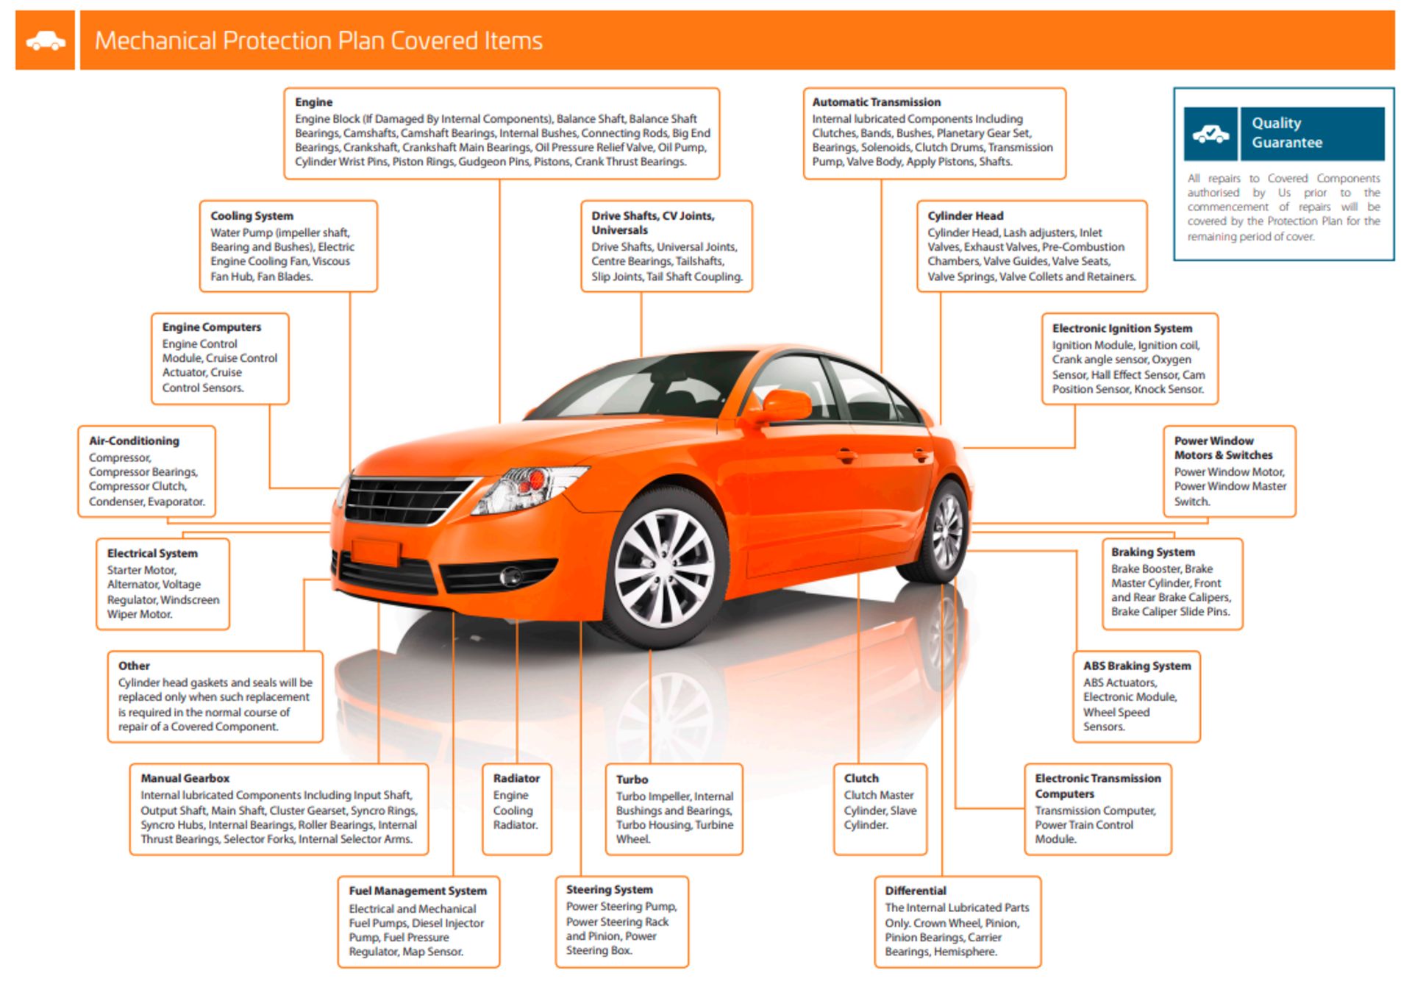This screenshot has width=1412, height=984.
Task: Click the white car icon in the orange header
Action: point(46,41)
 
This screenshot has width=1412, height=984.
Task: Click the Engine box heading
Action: point(314,102)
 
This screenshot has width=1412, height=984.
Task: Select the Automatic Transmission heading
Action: point(876,102)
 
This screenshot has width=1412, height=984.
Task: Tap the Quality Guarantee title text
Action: point(1287,133)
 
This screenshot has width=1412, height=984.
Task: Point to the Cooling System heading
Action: point(252,215)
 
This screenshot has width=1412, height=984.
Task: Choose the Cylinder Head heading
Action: point(965,215)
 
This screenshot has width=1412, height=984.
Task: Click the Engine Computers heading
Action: point(212,327)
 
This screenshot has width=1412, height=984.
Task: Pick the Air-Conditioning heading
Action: point(134,441)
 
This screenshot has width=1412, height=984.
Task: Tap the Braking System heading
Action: point(1152,552)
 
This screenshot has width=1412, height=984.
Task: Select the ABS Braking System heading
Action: point(1137,666)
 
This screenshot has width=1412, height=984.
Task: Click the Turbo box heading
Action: point(632,780)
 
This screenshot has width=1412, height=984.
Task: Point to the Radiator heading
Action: point(516,778)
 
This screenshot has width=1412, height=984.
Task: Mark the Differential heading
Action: point(916,891)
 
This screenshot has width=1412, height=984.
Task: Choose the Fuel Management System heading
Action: point(418,891)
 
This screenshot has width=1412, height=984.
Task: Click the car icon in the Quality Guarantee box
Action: point(1210,134)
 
